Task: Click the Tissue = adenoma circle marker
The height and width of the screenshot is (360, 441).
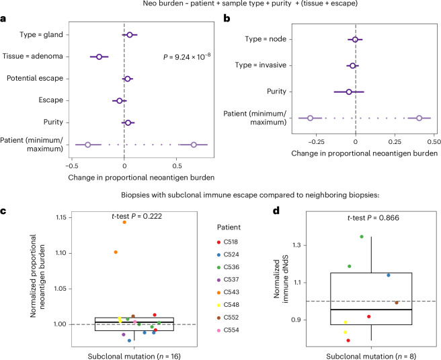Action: [99, 57]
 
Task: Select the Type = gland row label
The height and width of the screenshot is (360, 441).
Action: [42, 34]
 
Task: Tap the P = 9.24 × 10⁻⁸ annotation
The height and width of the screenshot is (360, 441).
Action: [187, 57]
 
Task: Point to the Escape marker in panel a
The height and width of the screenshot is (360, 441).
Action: [120, 101]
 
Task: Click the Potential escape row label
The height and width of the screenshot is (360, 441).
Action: [35, 78]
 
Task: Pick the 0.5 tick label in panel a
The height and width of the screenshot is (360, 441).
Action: [177, 166]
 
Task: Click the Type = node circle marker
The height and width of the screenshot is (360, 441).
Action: [355, 40]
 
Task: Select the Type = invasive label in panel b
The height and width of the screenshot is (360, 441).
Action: [261, 65]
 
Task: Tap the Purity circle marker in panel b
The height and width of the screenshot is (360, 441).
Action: [349, 92]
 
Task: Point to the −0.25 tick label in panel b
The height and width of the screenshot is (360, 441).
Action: [316, 141]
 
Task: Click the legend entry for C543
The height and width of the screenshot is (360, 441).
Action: [228, 292]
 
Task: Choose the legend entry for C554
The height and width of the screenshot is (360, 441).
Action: [228, 330]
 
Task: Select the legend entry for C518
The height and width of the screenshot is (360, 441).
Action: [227, 242]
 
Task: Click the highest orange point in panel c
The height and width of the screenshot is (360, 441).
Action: [124, 222]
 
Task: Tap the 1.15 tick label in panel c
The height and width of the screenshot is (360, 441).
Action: [61, 217]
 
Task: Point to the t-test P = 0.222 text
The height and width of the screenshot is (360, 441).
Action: [137, 216]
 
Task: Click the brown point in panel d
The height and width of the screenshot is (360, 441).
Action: [397, 303]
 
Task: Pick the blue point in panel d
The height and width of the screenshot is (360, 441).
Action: [389, 275]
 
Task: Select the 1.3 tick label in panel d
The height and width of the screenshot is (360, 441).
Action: [296, 245]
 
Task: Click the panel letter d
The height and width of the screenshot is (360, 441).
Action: [276, 210]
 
